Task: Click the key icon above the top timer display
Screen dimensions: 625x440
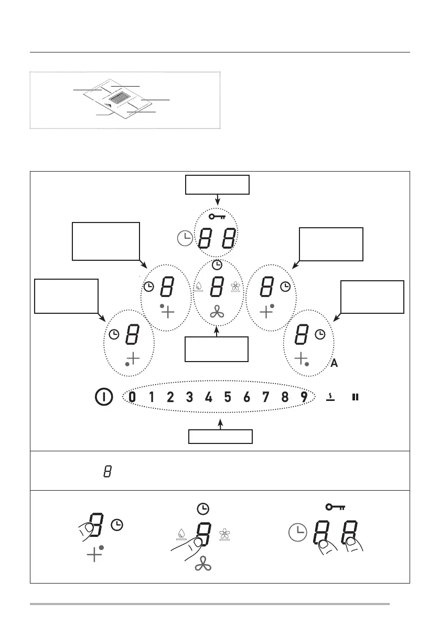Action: [217, 216]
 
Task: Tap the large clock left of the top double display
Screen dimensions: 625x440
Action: [185, 239]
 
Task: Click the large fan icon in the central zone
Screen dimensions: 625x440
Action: [217, 312]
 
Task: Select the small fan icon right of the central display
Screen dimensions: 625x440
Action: [235, 287]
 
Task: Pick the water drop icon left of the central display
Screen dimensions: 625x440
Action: [199, 287]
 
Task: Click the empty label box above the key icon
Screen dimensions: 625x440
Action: [217, 185]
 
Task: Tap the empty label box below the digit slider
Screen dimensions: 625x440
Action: [221, 437]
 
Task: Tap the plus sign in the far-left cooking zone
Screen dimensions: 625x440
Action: [134, 359]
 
